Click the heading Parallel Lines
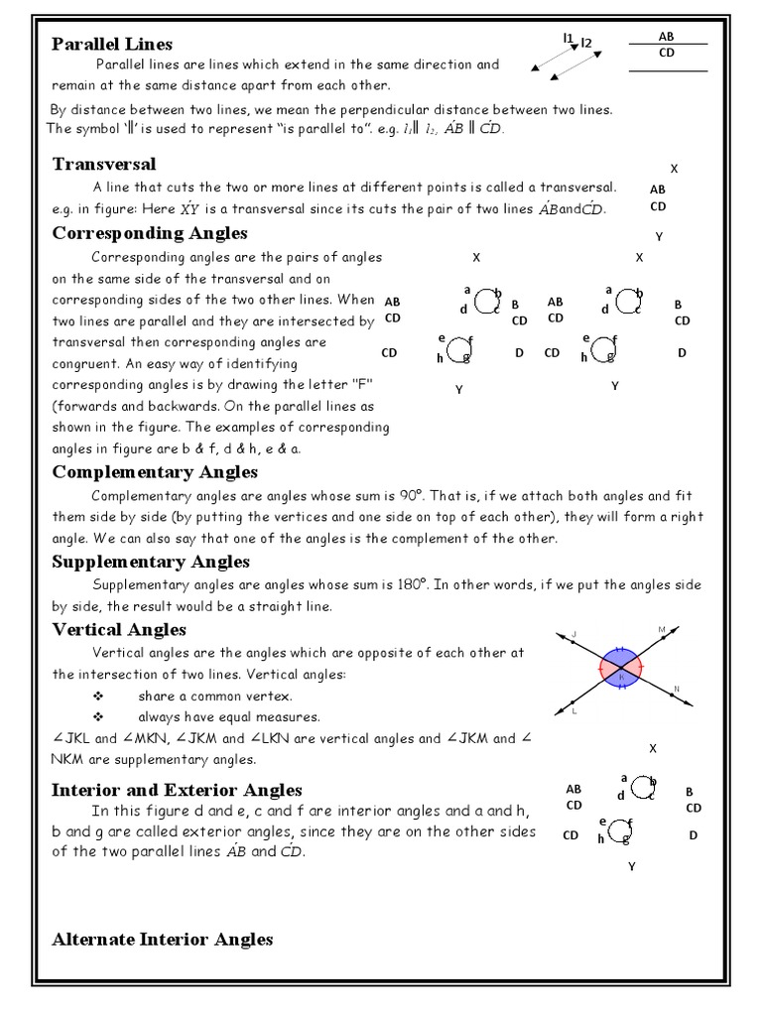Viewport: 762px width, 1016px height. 112,44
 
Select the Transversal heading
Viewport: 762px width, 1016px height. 103,164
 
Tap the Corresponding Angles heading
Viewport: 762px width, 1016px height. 150,233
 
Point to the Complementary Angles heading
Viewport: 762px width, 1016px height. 155,472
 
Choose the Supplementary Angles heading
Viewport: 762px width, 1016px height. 151,563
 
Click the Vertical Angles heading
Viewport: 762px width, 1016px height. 119,630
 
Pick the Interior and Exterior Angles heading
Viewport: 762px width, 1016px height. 177,790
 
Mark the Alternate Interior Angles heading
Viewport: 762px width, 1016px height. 162,939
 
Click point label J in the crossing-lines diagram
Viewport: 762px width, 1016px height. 574,633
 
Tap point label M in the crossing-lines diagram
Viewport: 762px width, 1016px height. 662,630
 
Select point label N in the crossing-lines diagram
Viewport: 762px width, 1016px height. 677,689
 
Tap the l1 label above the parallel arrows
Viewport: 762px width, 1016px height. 569,38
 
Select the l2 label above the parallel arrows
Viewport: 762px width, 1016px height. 585,43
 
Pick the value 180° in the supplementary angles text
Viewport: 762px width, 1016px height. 433,585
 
